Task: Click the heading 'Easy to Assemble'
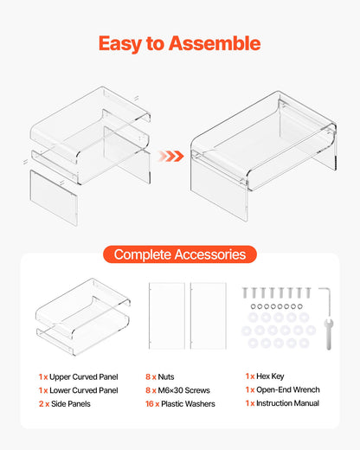tap(179, 43)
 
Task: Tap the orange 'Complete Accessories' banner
tap(180, 254)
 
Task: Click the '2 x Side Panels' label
tap(67, 403)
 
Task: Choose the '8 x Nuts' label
tap(161, 377)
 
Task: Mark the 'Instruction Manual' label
tap(288, 403)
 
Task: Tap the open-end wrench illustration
tap(327, 333)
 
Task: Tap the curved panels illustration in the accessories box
tap(83, 316)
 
